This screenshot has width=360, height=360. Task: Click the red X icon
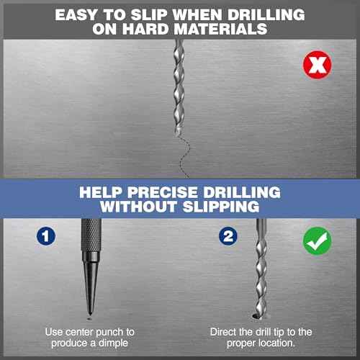point(318,65)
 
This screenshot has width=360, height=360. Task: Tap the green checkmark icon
point(318,241)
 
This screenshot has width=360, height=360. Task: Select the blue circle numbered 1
point(46,236)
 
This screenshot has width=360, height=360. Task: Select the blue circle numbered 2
point(228,236)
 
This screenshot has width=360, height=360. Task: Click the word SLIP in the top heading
point(149,15)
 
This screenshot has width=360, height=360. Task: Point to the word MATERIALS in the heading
point(220,30)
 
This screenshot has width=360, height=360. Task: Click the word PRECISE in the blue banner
point(162,192)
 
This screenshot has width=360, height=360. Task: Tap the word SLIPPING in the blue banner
point(221,207)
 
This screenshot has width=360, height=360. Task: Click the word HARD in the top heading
point(145,30)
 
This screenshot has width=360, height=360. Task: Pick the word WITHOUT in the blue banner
point(138,207)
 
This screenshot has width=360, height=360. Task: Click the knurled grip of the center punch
point(91,235)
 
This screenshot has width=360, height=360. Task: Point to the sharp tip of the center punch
point(90,314)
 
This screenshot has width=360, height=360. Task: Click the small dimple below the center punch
point(89,319)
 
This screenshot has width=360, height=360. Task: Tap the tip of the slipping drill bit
point(177,135)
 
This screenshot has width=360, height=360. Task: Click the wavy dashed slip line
point(184,157)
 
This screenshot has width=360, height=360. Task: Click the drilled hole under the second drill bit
point(257,317)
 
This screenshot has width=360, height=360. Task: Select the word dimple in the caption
point(113,343)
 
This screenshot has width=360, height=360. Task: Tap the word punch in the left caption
point(109,333)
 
